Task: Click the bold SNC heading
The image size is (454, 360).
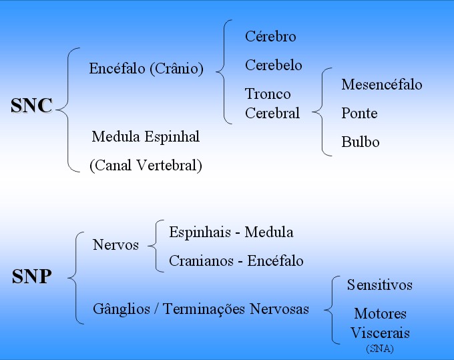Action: (x=31, y=105)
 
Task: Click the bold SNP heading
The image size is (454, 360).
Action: (x=32, y=277)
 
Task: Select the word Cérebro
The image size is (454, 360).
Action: (x=270, y=37)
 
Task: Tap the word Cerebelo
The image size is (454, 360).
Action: (x=273, y=65)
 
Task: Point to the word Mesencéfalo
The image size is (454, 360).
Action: (x=382, y=84)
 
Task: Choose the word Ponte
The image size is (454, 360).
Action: (x=359, y=113)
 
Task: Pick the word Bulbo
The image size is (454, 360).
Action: (x=360, y=142)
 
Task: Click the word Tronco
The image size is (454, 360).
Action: (x=268, y=94)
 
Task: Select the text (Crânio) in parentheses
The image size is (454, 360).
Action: (x=177, y=69)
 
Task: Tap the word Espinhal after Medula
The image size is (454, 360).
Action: (x=172, y=137)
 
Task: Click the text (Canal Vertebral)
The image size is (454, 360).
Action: (x=146, y=166)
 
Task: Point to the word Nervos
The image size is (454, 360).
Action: (x=116, y=244)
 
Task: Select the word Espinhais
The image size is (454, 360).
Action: (x=200, y=232)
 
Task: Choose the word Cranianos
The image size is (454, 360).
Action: (x=201, y=260)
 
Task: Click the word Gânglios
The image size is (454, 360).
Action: (x=122, y=309)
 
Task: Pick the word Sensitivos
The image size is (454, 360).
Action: (x=380, y=285)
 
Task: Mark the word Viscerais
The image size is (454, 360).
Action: (x=380, y=333)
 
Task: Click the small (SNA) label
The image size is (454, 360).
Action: (x=380, y=349)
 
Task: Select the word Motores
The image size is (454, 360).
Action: (x=380, y=314)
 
